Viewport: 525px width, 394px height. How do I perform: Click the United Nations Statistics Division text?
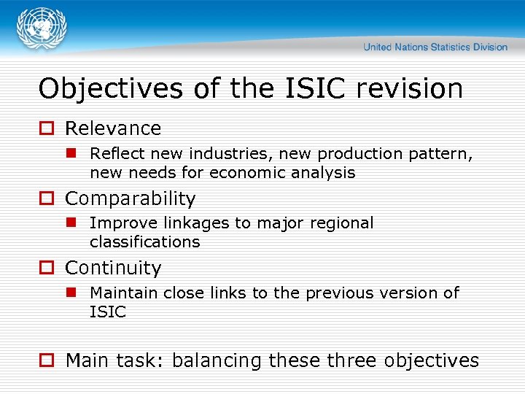pyautogui.click(x=435, y=47)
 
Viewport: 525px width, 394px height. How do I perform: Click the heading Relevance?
pyautogui.click(x=113, y=128)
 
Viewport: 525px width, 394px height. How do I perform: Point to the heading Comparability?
pyautogui.click(x=131, y=198)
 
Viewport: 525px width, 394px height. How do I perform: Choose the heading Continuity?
pyautogui.click(x=113, y=269)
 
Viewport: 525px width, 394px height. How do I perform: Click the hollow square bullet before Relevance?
pyautogui.click(x=46, y=128)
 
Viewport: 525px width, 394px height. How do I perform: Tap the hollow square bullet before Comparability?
pyautogui.click(x=46, y=198)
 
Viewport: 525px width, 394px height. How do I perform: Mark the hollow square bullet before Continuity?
pyautogui.click(x=46, y=269)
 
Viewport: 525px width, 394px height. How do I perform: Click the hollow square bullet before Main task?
pyautogui.click(x=46, y=360)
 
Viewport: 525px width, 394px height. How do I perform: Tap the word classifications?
pyautogui.click(x=144, y=242)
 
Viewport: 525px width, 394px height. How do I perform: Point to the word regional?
pyautogui.click(x=343, y=223)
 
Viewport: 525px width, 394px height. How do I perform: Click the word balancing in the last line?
pyautogui.click(x=217, y=360)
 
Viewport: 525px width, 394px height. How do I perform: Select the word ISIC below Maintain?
pyautogui.click(x=108, y=312)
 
